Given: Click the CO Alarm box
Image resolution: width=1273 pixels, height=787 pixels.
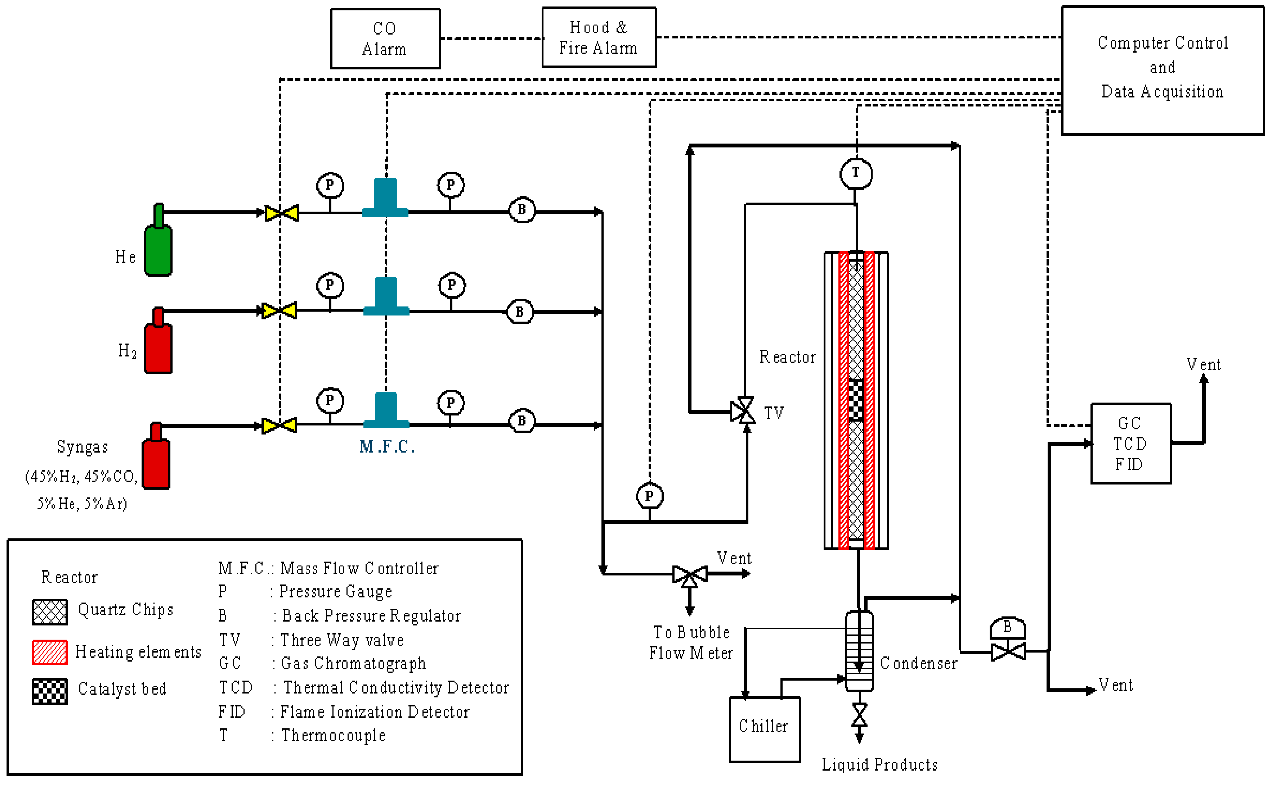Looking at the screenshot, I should click(385, 38).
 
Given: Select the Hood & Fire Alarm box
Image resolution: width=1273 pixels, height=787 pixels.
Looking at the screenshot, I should click(599, 37).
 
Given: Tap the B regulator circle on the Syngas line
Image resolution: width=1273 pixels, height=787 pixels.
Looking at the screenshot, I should click(522, 420).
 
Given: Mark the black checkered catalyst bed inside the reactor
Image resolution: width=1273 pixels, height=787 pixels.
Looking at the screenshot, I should click(856, 400).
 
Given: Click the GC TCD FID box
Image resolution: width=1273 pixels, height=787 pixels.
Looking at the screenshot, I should click(1130, 443).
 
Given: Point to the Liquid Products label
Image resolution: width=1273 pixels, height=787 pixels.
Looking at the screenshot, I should click(879, 764).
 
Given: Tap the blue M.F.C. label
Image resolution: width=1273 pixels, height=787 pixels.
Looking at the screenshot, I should click(387, 447).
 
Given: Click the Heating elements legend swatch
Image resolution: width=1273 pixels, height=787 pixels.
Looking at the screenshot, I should click(50, 652).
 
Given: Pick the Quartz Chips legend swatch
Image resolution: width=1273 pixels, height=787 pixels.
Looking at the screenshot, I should click(50, 612).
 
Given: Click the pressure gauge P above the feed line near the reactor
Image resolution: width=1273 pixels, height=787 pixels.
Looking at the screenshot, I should click(649, 496).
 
